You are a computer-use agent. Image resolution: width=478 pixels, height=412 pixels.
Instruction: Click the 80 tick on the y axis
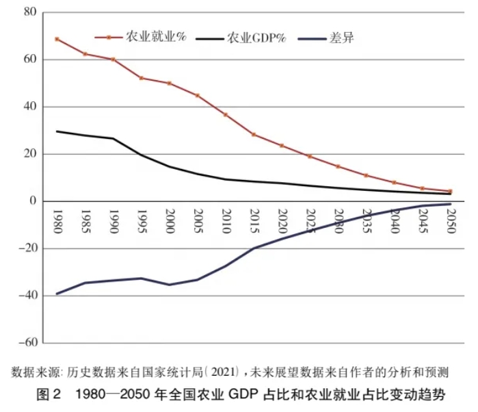[x=29, y=12]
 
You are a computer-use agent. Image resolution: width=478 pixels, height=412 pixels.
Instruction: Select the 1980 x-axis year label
[x=57, y=222]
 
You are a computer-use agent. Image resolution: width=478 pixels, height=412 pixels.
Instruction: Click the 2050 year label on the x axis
[x=450, y=222]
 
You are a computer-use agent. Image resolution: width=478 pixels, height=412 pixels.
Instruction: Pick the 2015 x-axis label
[x=253, y=222]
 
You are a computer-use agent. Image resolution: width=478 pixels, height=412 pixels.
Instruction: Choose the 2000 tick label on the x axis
[x=169, y=222]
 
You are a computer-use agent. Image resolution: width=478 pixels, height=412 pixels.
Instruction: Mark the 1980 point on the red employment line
[x=57, y=39]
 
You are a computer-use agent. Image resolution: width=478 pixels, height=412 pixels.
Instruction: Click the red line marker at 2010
[x=226, y=114]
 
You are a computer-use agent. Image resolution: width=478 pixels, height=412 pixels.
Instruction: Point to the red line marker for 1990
[x=113, y=60]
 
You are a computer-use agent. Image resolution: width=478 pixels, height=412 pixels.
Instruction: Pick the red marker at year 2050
[x=450, y=191]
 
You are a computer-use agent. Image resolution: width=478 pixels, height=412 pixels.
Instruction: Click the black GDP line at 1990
[x=113, y=138]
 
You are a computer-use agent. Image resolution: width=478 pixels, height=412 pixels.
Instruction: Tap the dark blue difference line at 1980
[x=57, y=294]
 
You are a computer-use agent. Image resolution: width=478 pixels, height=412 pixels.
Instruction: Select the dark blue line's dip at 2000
[x=169, y=285]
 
